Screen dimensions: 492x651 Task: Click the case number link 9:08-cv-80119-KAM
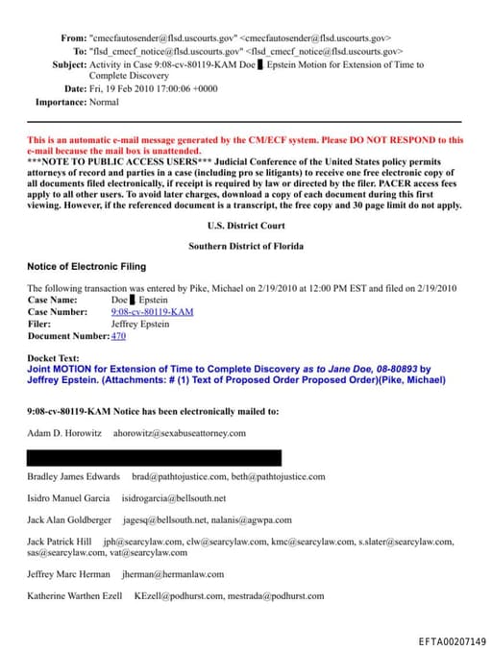tap(152, 312)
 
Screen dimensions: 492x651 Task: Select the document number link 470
tap(118, 336)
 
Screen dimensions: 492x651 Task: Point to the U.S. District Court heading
tap(245, 226)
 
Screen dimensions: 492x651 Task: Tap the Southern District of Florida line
tap(246, 246)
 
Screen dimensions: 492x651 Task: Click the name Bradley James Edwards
tap(73, 476)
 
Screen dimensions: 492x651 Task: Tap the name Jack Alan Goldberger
tap(69, 519)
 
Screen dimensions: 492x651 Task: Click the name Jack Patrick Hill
tap(59, 542)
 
